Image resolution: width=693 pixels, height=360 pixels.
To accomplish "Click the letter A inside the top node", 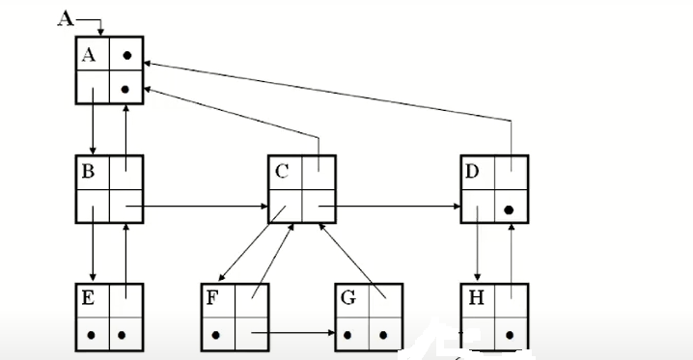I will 89,56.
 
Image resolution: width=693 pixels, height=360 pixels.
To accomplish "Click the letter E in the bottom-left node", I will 88,298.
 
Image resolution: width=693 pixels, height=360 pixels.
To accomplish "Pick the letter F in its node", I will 212,298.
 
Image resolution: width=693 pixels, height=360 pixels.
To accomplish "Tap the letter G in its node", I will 348,298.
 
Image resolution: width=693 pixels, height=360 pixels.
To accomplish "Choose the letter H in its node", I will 476,298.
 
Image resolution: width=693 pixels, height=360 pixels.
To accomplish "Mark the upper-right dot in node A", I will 126,57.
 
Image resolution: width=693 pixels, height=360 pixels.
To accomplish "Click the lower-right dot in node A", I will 126,89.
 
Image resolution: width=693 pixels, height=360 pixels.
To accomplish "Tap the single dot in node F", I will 214,336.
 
